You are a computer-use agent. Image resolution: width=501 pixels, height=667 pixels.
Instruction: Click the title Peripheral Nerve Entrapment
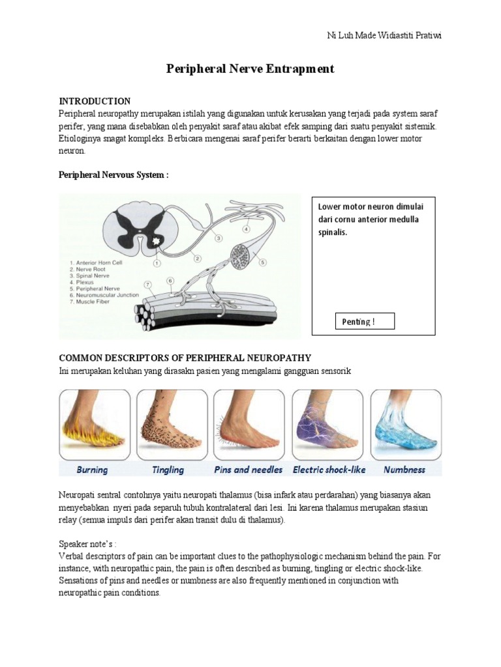[x=250, y=69]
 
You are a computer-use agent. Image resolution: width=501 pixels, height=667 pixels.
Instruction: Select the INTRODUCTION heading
[x=95, y=101]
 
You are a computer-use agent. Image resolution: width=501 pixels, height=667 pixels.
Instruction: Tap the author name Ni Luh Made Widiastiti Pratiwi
[x=384, y=35]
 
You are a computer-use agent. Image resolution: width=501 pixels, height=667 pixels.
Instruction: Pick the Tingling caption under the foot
[x=168, y=470]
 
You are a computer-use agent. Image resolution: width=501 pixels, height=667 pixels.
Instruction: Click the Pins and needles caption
[x=248, y=470]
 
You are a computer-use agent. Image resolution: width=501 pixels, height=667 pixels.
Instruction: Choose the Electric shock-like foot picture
[x=327, y=425]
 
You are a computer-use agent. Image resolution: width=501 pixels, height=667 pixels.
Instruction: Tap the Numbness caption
[x=404, y=470]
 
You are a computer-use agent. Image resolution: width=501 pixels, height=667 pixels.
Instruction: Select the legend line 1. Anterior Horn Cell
[x=99, y=263]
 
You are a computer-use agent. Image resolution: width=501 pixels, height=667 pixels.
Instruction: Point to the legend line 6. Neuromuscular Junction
[x=108, y=295]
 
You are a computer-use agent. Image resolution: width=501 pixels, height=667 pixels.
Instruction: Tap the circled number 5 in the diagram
[x=263, y=263]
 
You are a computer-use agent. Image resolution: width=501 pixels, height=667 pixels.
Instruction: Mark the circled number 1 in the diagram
[x=157, y=263]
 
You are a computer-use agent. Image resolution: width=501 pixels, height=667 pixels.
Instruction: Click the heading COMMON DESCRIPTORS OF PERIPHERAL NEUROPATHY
[x=185, y=358]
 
